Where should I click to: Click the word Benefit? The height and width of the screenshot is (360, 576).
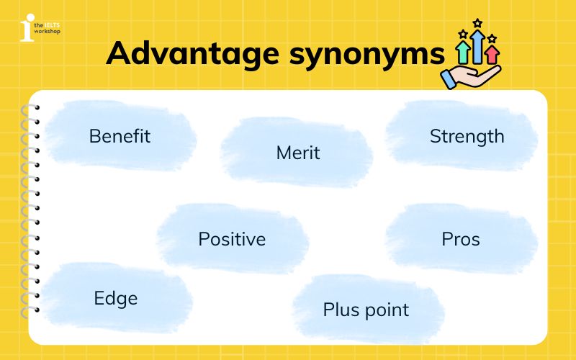[120, 136]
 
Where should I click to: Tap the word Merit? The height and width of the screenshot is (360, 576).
[298, 153]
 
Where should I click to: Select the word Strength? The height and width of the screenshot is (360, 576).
[467, 136]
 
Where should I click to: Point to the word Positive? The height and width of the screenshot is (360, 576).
[232, 239]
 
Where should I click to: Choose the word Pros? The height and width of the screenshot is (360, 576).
[461, 239]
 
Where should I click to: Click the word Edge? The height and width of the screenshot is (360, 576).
[115, 298]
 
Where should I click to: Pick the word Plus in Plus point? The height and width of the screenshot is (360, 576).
[341, 310]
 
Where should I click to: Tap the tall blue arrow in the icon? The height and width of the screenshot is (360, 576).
[477, 45]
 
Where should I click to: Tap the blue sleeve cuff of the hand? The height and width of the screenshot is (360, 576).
[450, 78]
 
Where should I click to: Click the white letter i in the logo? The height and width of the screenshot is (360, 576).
[27, 29]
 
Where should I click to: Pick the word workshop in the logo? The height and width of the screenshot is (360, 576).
[48, 32]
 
